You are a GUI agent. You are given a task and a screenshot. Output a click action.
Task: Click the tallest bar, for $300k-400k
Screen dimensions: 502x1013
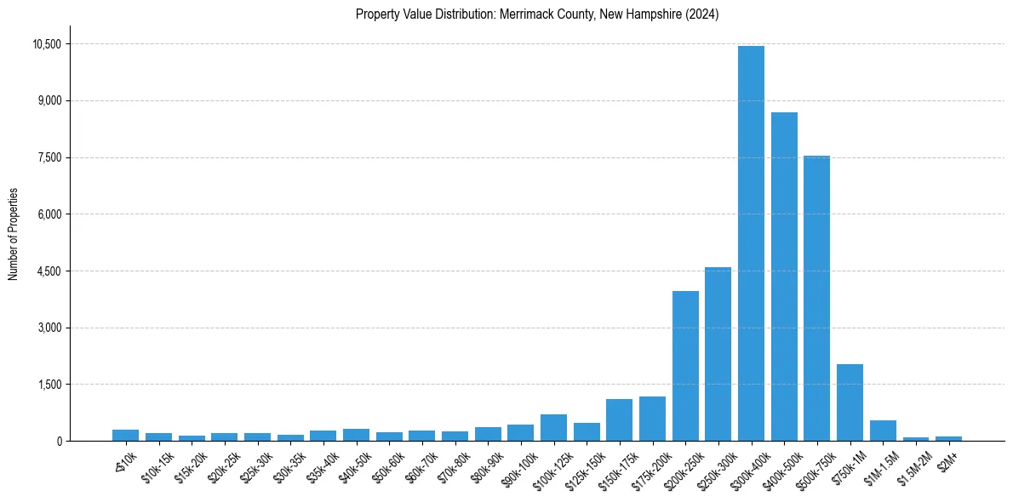pos(751,243)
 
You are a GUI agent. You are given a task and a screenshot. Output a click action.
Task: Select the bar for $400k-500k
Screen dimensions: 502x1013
pos(784,277)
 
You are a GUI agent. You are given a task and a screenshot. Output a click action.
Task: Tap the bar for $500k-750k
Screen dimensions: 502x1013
pos(816,298)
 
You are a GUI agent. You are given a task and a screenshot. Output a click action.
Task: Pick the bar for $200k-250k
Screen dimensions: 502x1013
pos(685,366)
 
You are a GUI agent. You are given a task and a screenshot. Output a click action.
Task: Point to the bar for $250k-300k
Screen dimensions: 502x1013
pos(718,354)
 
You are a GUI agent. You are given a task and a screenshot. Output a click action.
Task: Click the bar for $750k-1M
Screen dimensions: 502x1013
pos(850,402)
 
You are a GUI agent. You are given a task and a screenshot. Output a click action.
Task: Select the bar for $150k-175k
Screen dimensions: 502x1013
pos(619,420)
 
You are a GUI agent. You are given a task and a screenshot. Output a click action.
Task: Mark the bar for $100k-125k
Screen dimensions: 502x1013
pos(553,428)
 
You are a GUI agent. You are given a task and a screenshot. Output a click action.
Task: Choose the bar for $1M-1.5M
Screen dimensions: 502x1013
pos(883,431)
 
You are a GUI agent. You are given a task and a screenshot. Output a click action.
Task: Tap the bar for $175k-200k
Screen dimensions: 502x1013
pos(652,419)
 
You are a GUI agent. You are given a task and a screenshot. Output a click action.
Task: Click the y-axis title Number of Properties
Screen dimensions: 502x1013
pos(14,234)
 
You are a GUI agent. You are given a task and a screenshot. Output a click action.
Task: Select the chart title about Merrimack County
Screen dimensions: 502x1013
pos(537,14)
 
